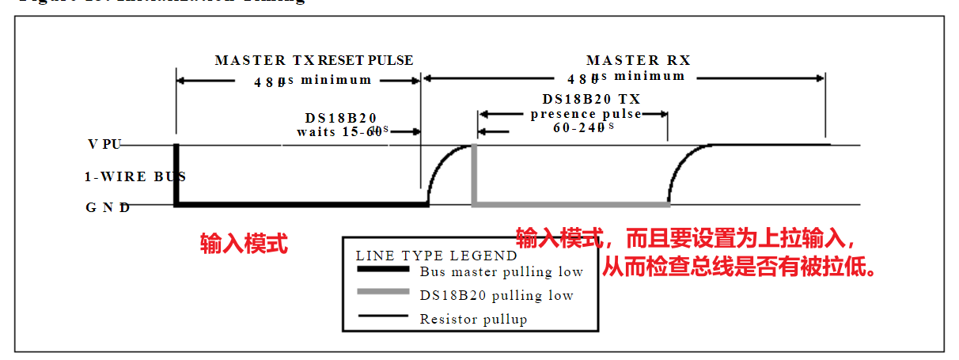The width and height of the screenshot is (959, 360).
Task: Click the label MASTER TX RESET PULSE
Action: [x=313, y=61]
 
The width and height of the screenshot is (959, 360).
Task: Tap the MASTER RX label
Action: [x=638, y=61]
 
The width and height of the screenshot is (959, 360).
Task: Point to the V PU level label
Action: [x=104, y=146]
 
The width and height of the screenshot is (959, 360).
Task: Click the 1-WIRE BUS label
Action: [x=129, y=176]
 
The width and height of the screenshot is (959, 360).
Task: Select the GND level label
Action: [x=108, y=208]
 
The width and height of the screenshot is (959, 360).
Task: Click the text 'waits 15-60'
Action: [x=335, y=131]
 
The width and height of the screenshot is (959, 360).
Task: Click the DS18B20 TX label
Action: [x=591, y=99]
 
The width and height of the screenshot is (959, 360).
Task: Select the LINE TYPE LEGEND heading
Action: [x=437, y=256]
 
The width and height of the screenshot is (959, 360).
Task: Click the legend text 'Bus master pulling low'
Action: [x=501, y=272]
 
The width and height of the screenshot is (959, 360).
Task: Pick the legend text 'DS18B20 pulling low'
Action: [x=496, y=296]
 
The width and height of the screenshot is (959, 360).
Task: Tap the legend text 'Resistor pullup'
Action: [x=472, y=320]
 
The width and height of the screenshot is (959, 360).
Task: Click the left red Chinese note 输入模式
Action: [x=244, y=244]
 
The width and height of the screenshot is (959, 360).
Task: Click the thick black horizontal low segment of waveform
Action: [x=301, y=204]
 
